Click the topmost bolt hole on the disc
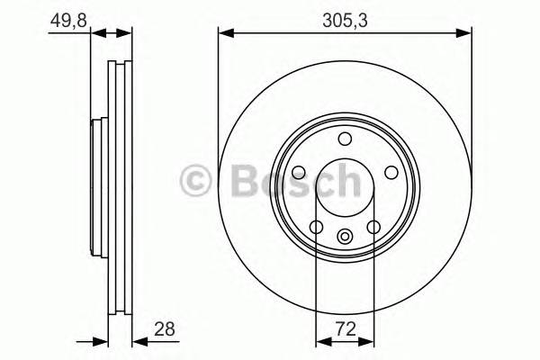pos(345,138)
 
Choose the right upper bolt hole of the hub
pos(391,173)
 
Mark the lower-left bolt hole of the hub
pos(316,227)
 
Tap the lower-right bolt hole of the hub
pos(373,227)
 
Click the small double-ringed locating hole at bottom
pos(345,237)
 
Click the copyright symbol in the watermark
pos(196,180)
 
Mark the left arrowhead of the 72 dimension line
pos(319,342)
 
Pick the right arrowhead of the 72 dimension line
pos(371,342)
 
